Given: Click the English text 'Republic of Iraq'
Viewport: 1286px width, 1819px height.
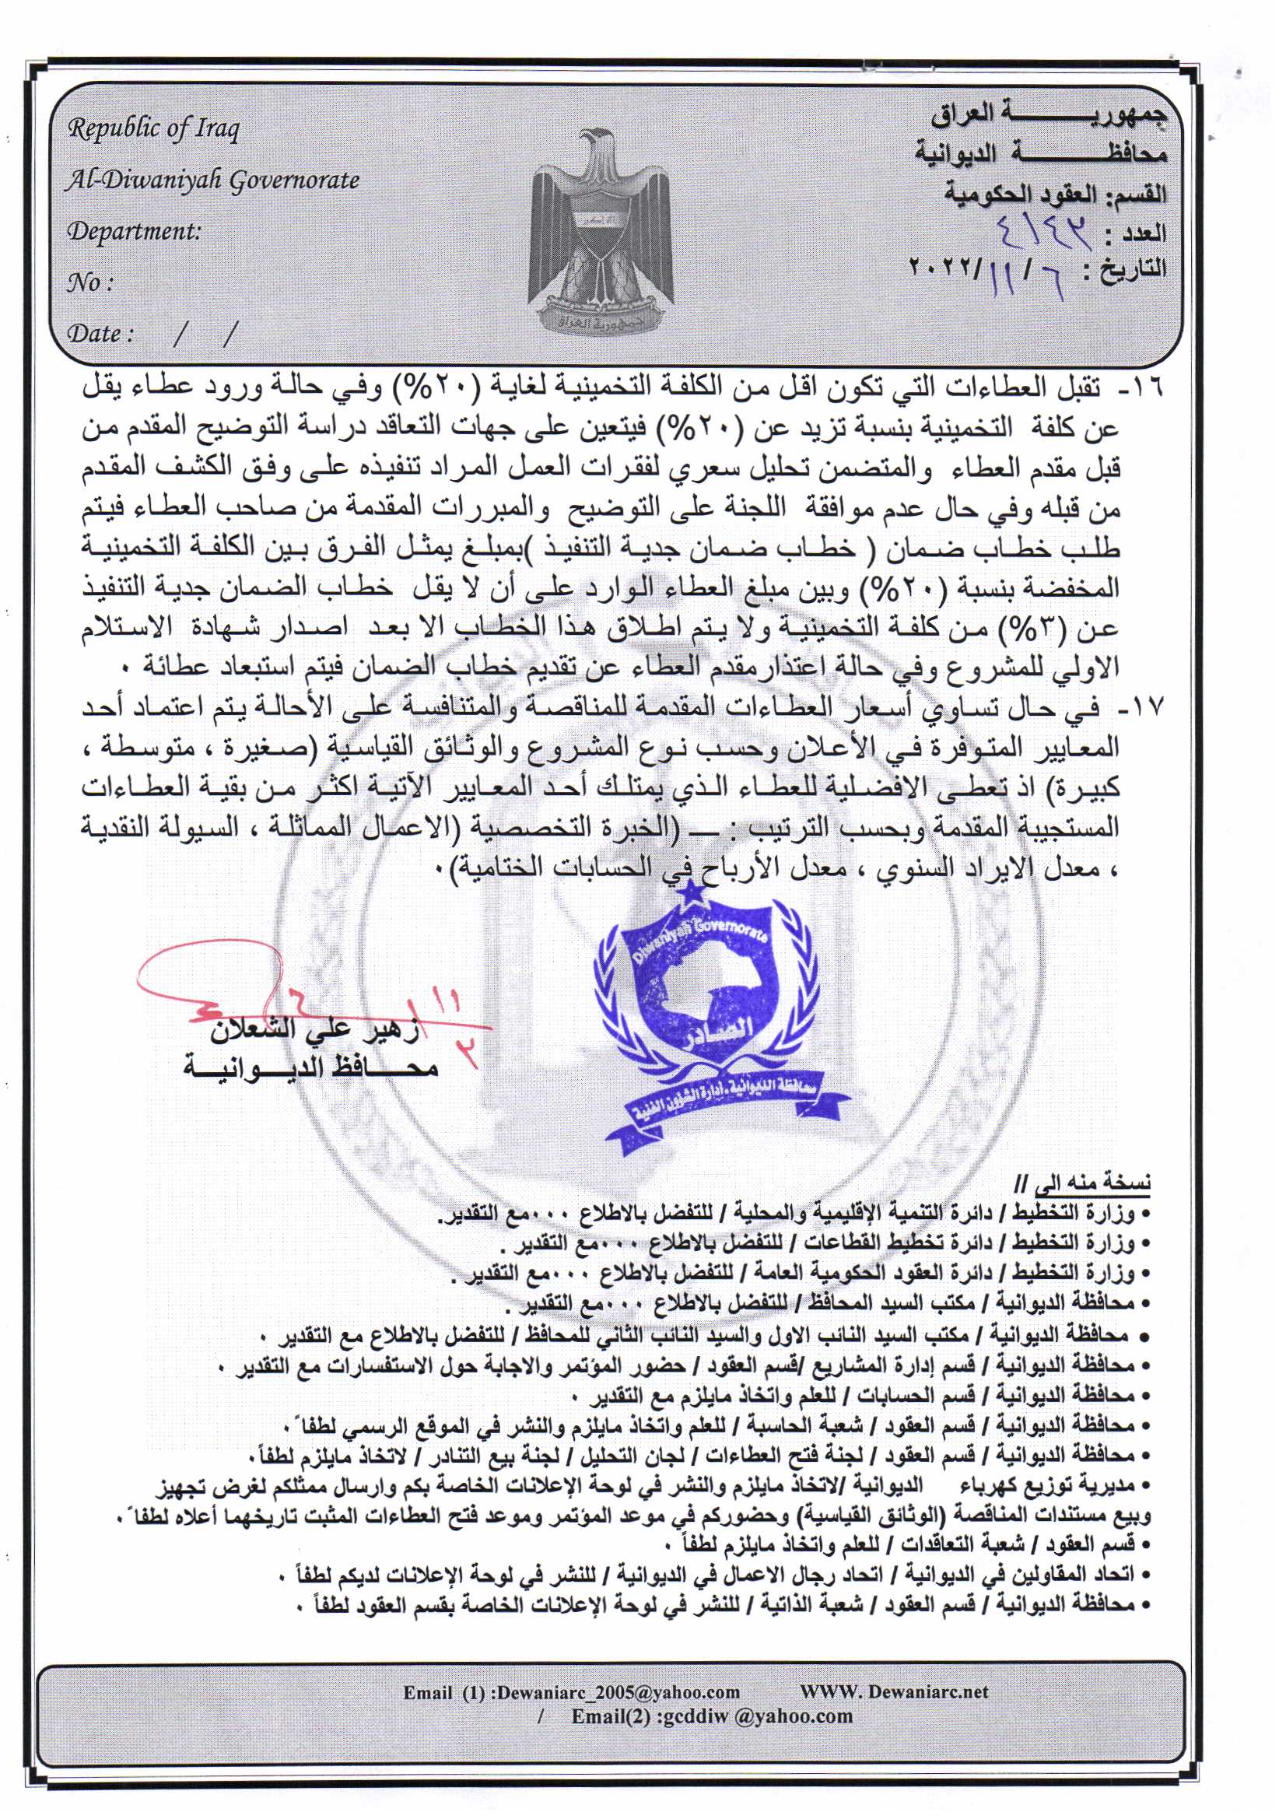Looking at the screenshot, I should tap(154, 128).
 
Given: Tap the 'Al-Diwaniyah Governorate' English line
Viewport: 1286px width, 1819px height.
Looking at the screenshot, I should tap(212, 180).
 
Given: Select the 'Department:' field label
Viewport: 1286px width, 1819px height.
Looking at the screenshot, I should tap(134, 231).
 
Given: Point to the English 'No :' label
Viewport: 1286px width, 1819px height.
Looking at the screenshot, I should tap(90, 282).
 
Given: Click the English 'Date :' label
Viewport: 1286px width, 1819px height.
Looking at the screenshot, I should tap(100, 334).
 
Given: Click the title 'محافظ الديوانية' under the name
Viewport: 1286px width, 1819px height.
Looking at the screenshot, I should tap(310, 1067).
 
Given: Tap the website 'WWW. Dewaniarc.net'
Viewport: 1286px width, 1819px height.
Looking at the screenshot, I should tap(894, 1692).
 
